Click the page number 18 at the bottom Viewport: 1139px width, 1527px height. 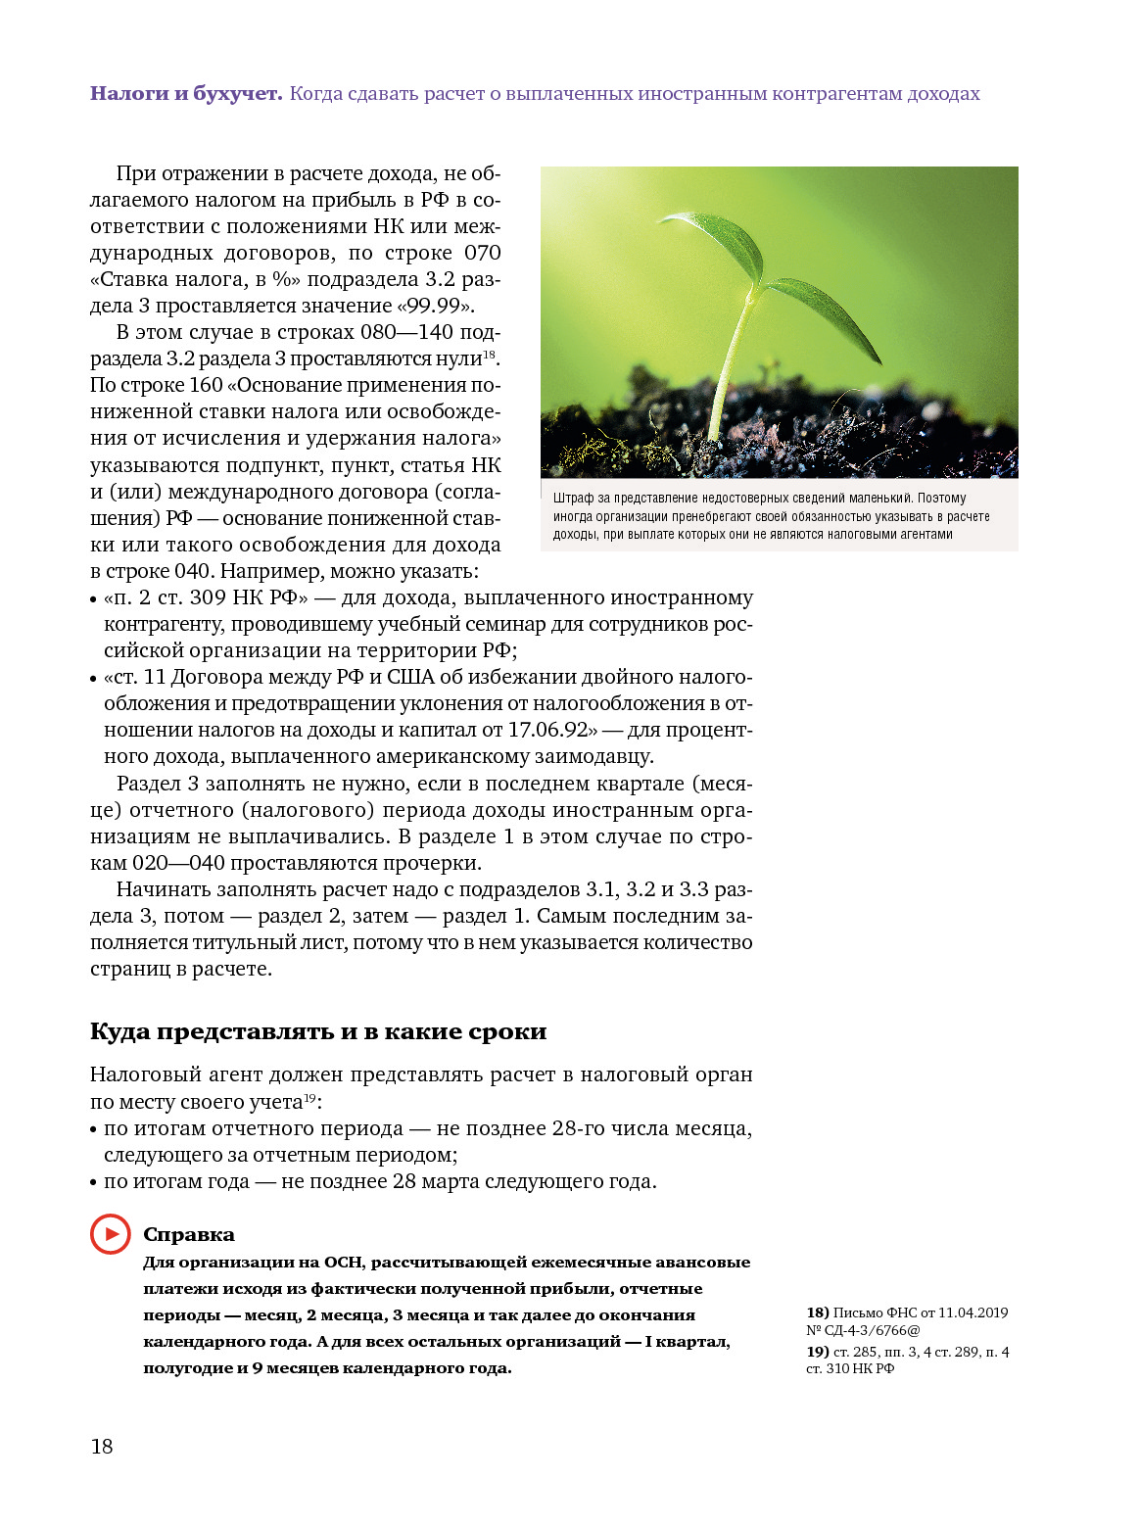(102, 1447)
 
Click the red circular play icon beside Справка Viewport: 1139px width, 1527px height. (110, 1234)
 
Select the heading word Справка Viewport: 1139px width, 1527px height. (189, 1235)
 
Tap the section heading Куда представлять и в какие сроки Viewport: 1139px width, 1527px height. (318, 1031)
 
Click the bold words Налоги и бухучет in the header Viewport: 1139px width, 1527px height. (186, 94)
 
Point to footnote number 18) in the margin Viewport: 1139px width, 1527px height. (818, 1312)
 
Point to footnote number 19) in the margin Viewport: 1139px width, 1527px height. (818, 1352)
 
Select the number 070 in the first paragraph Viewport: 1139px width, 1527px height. (482, 253)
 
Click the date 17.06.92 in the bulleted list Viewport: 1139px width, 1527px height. (548, 730)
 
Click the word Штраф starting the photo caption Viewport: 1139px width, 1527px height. (573, 499)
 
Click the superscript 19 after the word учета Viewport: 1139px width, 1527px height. (309, 1098)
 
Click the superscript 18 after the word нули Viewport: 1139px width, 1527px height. (489, 355)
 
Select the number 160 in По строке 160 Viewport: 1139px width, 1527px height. (206, 385)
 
